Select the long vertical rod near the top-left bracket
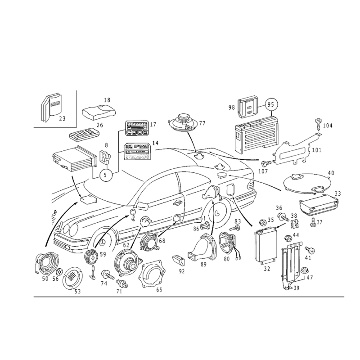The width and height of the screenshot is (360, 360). (77, 108)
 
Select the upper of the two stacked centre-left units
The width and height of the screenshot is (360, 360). (137, 127)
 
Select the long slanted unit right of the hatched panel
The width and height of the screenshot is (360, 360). (295, 148)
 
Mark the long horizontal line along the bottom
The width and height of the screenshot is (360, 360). (189, 297)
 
